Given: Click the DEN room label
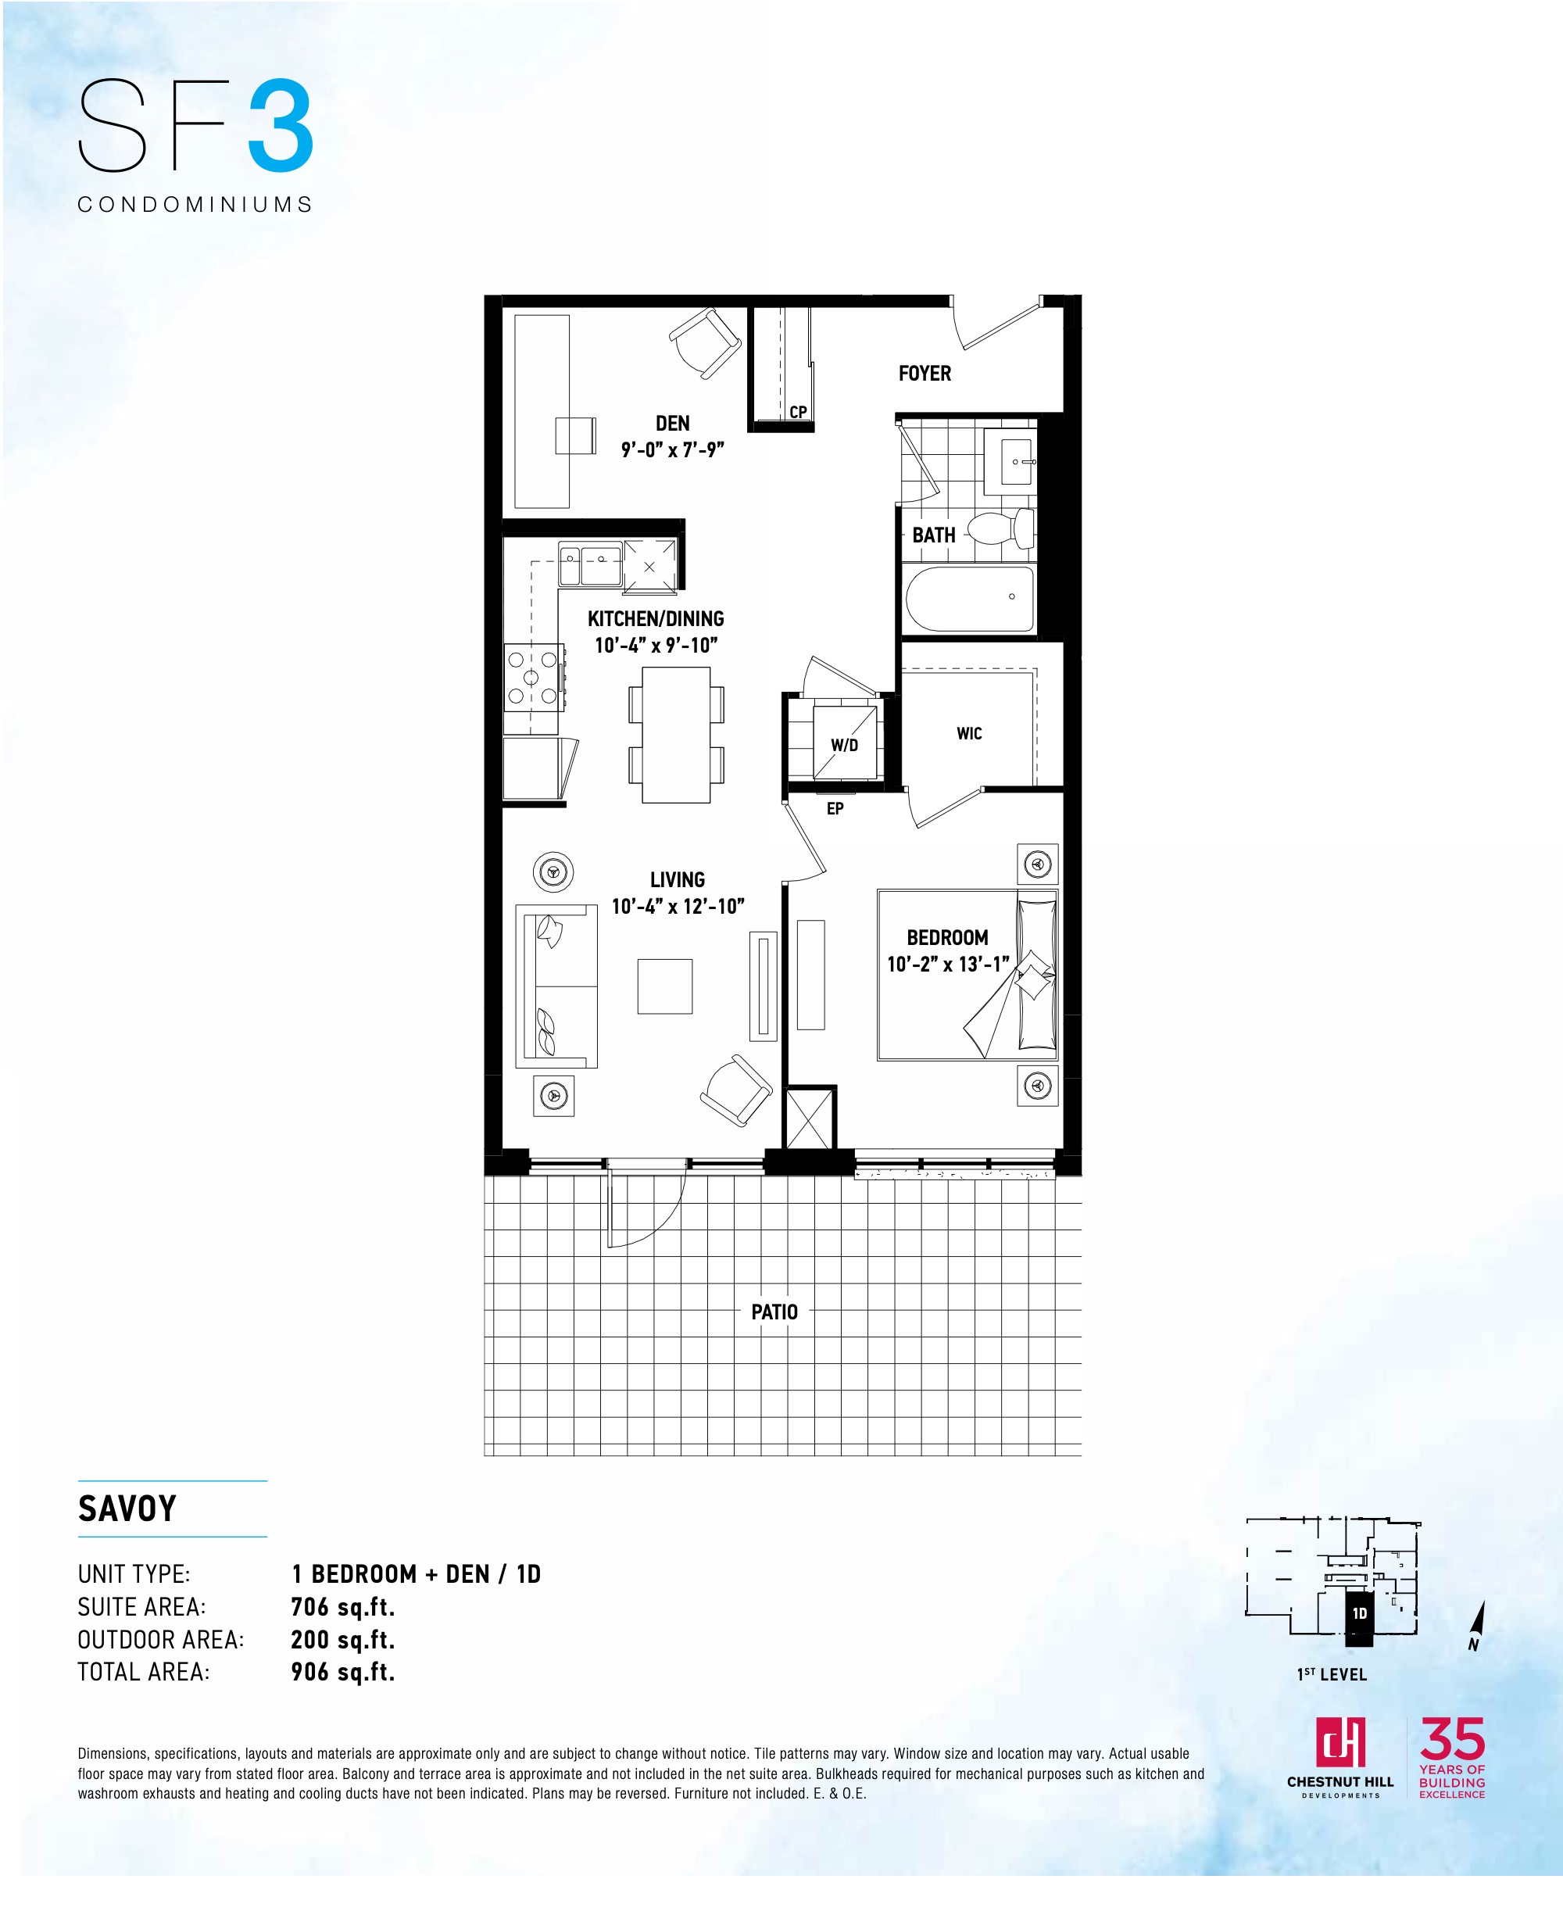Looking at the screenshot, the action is pos(673,423).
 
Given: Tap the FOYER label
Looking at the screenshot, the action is pos(925,374).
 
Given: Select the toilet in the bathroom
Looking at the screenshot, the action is pos(1000,528).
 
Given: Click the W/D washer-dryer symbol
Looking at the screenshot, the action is pos(845,743).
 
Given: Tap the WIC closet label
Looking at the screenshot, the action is pos(969,734).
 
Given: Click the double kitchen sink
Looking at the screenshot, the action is pos(590,564).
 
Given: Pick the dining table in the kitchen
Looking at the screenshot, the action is pos(675,735).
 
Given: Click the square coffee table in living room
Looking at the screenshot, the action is pos(665,986).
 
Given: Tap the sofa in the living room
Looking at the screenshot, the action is pos(556,986).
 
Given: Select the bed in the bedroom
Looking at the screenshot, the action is pos(967,975).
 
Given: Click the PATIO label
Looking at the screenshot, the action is pos(774,1312).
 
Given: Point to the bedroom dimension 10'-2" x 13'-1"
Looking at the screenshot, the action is pos(948,965).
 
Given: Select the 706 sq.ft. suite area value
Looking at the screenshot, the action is pos(343,1607).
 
